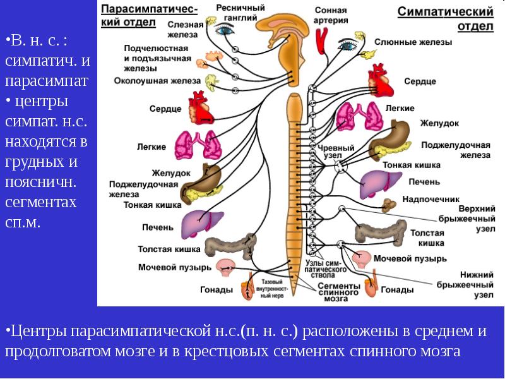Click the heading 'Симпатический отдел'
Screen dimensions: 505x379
tap(446, 19)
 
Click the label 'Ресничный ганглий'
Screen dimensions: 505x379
tap(241, 12)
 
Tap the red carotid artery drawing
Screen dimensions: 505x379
tap(322, 40)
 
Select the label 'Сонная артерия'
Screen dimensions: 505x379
tap(331, 15)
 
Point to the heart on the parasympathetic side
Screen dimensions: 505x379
tap(201, 108)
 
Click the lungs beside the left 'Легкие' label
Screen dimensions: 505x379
tap(198, 145)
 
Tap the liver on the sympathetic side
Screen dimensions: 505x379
tap(380, 184)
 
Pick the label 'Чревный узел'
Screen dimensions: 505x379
tap(336, 152)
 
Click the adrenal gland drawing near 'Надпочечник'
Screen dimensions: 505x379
tap(389, 205)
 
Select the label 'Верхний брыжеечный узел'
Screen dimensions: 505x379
tap(467, 219)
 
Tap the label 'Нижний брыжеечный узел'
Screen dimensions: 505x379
tap(465, 285)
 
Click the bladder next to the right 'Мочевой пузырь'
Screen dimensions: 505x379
tap(361, 260)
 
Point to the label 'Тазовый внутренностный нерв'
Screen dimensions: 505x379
tap(272, 289)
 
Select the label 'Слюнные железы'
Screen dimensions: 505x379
tap(413, 42)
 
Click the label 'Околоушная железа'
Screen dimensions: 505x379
tap(157, 81)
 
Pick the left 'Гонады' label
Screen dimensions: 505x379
tap(217, 289)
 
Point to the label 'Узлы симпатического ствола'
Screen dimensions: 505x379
tap(325, 269)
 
